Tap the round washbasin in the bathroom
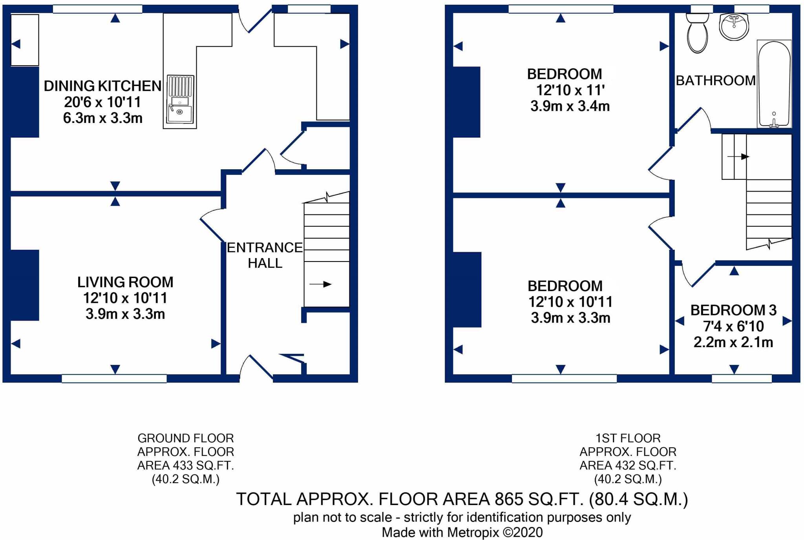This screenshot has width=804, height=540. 734,26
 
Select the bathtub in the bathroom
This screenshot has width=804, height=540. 774,84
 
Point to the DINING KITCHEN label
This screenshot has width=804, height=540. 102,86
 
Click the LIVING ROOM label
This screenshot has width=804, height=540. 125,282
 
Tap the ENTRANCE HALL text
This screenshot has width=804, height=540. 265,255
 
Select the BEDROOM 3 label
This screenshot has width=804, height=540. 733,310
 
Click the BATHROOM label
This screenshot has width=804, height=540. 715,81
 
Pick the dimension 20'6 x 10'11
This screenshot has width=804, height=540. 102,102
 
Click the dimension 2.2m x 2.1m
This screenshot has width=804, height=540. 733,342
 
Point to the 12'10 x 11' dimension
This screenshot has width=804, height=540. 570,90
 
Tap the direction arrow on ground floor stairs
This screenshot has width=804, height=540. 321,284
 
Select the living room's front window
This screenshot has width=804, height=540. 114,379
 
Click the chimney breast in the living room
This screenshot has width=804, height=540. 24,285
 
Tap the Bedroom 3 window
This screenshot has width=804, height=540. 742,379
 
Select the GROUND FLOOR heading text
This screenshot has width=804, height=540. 185,438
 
